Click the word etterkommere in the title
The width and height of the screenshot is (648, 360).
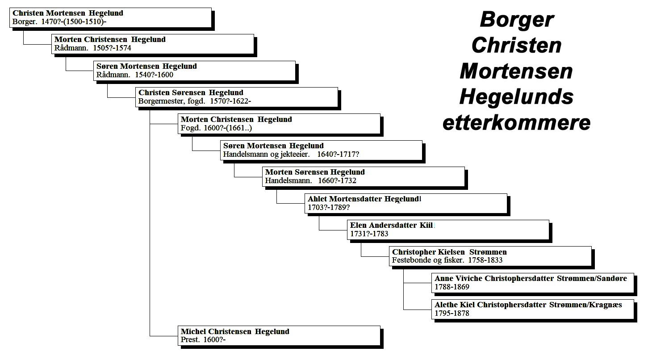[516, 123]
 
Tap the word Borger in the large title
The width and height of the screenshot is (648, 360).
[517, 20]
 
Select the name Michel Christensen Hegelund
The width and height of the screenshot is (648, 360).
[235, 331]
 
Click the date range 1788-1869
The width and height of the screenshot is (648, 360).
[452, 287]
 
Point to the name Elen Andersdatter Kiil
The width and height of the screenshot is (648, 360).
[391, 225]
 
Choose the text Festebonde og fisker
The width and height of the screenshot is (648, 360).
[428, 260]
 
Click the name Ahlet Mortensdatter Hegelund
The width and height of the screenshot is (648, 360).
[364, 199]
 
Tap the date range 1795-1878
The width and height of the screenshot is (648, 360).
[452, 313]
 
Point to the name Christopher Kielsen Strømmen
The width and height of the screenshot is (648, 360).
[449, 252]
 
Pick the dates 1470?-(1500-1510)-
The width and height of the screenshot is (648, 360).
[74, 22]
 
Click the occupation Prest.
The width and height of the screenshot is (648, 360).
[190, 340]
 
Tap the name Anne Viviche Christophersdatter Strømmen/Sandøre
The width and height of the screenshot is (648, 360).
[531, 278]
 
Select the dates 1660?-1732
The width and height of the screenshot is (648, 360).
[337, 180]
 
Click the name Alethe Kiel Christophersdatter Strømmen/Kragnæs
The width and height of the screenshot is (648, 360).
[528, 305]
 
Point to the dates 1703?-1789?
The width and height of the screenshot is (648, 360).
[329, 208]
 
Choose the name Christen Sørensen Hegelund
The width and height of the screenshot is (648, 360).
[191, 92]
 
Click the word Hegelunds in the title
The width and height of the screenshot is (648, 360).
[516, 97]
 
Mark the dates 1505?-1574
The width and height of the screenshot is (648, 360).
[112, 48]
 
